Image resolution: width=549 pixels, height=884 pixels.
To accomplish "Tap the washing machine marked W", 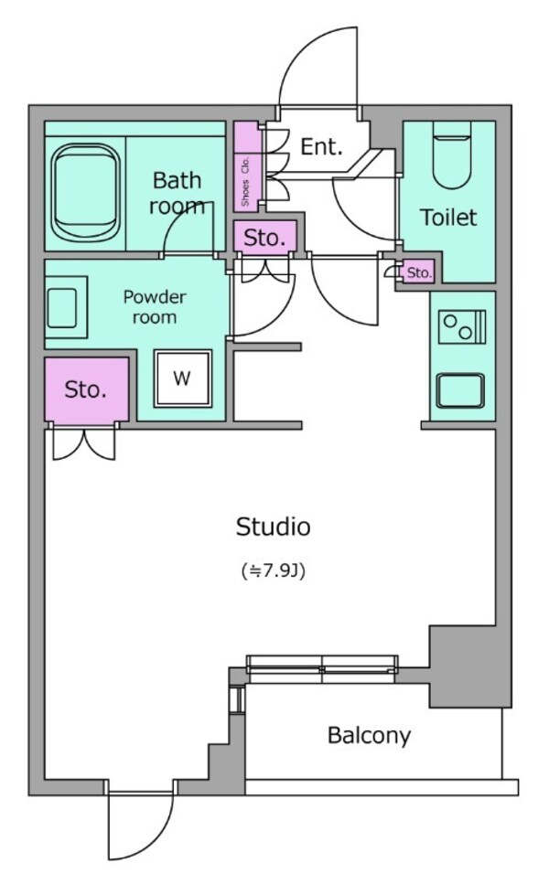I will [182, 378].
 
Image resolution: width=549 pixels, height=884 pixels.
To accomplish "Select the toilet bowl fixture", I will [449, 160].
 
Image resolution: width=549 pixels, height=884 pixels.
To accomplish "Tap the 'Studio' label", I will [273, 527].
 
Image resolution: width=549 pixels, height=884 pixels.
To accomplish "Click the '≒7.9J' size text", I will [273, 571].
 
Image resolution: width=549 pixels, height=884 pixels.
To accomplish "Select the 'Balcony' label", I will [369, 735].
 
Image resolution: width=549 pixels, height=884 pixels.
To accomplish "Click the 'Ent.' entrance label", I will [321, 146].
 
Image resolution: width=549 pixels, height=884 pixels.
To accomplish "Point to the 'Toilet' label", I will [448, 218].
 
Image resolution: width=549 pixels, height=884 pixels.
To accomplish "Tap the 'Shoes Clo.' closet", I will [246, 165].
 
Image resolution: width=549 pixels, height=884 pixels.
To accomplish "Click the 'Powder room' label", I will [155, 307].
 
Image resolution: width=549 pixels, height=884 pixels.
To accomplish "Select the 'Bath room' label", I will [178, 191].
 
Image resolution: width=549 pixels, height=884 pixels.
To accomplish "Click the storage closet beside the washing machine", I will [86, 390].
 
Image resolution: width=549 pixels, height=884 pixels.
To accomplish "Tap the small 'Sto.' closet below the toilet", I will [419, 272].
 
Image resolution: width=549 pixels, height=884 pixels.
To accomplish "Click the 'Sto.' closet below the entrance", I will [265, 238].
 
